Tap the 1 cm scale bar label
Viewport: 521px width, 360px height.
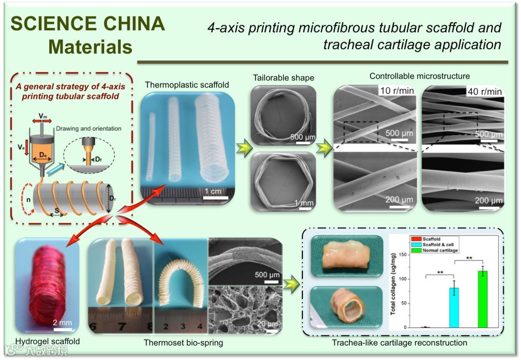213,191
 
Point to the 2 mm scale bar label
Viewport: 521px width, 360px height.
62,322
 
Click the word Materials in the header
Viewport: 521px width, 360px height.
90,47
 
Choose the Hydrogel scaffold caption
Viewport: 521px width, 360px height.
47,342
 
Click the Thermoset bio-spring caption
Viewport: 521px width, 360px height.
183,343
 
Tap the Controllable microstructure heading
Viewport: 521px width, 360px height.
419,76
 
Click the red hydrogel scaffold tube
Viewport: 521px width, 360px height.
47,285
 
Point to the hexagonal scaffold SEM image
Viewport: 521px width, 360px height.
284,181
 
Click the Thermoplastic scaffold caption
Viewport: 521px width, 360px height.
187,85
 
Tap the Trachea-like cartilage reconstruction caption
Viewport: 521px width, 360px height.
399,343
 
